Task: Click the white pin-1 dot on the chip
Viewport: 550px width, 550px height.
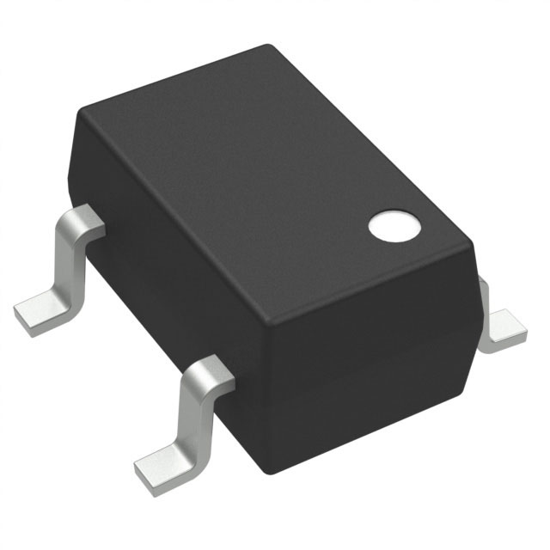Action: [394, 225]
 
